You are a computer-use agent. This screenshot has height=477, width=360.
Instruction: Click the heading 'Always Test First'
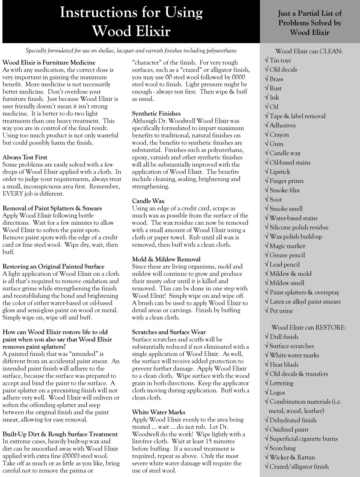(x=25, y=157)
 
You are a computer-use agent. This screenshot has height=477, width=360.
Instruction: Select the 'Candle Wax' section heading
(x=148, y=201)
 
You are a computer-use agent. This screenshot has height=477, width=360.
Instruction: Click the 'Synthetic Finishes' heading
(x=156, y=113)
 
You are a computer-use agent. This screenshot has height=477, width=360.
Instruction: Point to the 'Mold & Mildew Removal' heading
(x=166, y=259)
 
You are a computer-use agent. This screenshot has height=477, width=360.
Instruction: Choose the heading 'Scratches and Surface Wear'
(x=169, y=332)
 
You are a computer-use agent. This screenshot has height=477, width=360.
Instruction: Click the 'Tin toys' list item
(x=280, y=60)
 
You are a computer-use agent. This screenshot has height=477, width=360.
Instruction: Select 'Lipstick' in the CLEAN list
(x=280, y=172)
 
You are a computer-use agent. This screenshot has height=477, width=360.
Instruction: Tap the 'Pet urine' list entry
(x=281, y=311)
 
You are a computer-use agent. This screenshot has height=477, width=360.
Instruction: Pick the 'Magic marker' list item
(x=287, y=246)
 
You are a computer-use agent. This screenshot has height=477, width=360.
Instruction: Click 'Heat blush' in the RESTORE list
(x=284, y=364)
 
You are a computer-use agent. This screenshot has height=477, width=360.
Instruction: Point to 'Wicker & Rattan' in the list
(x=292, y=457)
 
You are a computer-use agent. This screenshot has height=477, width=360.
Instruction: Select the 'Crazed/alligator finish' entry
(x=299, y=467)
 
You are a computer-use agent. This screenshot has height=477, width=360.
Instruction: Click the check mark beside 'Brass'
(x=267, y=79)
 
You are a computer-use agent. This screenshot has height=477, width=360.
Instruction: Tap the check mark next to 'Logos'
(x=267, y=392)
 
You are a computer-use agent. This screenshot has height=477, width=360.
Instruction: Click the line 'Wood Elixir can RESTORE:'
(x=309, y=328)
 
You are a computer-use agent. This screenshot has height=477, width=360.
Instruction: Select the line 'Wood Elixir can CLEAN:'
(x=309, y=51)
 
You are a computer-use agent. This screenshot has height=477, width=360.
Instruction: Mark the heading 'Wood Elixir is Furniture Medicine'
(x=49, y=62)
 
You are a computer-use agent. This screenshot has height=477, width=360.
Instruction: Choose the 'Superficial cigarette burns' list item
(x=303, y=439)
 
